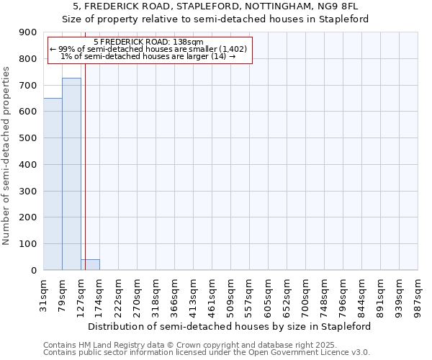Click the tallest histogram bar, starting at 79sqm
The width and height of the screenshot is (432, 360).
[71, 174]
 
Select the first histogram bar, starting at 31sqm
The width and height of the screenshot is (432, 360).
[53, 184]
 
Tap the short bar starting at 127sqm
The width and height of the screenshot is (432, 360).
[90, 265]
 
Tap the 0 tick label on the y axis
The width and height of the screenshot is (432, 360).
[33, 271]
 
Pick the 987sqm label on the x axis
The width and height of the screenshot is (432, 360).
[418, 294]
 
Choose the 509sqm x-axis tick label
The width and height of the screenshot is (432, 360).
[231, 294]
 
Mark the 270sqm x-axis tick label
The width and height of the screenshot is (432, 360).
[138, 294]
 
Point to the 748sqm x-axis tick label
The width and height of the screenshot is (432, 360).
[325, 294]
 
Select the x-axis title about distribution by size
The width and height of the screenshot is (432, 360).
[231, 326]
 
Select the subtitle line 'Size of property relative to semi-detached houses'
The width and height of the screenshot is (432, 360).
[215, 19]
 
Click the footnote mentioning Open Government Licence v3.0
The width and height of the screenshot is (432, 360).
[207, 353]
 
